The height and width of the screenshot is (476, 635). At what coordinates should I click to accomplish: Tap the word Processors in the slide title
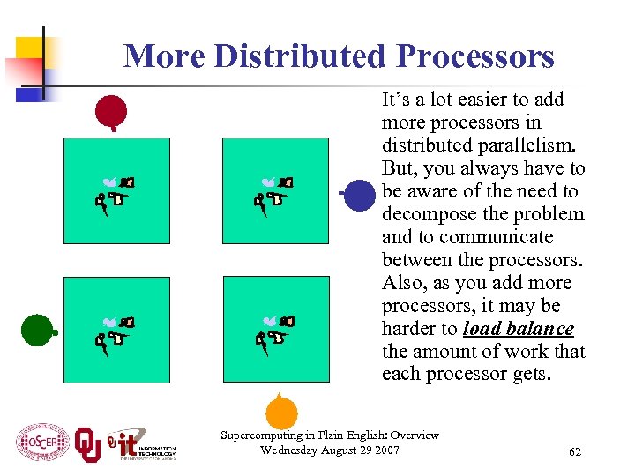475,56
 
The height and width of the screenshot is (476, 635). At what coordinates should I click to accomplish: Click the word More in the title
164,56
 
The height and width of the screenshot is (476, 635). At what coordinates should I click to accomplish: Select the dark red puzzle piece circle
112,111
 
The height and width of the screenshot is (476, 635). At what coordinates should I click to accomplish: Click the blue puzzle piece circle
360,196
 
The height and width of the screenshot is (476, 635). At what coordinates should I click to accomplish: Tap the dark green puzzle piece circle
36,330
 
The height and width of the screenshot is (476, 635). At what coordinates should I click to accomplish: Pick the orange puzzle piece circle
281,412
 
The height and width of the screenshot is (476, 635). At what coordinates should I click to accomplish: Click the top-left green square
116,190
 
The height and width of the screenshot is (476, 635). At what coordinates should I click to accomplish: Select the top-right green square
275,190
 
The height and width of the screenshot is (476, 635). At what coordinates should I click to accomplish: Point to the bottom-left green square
116,329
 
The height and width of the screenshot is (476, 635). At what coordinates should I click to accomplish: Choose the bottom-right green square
275,329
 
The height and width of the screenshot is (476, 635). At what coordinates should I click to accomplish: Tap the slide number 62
575,452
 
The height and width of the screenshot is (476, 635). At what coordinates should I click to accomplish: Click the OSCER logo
41,441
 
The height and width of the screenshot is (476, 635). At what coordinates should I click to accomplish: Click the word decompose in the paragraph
428,214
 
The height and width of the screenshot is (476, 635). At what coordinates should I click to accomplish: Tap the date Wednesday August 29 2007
330,450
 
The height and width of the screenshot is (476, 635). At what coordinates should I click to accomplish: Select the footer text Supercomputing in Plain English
330,435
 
